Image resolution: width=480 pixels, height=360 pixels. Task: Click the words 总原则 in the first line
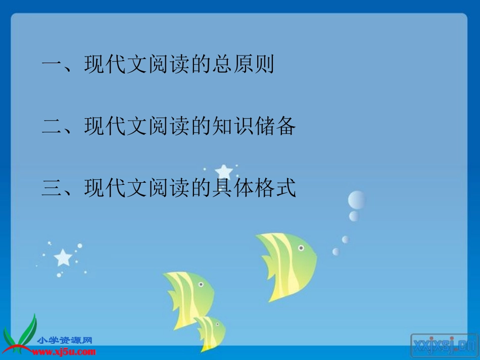point(242,65)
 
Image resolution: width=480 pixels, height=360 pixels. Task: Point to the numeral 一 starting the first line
point(52,65)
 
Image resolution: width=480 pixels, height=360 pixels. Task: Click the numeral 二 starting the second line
point(52,127)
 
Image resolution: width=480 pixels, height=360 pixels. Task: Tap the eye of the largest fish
point(301,248)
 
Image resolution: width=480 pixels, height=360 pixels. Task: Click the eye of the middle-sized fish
point(201,285)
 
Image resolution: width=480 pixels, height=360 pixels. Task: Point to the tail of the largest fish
point(267,268)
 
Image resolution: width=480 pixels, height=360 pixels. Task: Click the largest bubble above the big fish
point(357,200)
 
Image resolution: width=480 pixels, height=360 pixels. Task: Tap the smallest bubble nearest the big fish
point(335,251)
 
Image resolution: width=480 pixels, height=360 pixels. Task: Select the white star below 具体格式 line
point(223,172)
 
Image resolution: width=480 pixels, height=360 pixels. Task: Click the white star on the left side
point(63,258)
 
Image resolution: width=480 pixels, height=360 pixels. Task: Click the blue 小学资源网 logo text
point(65,341)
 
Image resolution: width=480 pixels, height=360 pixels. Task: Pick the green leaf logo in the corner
point(20,336)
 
